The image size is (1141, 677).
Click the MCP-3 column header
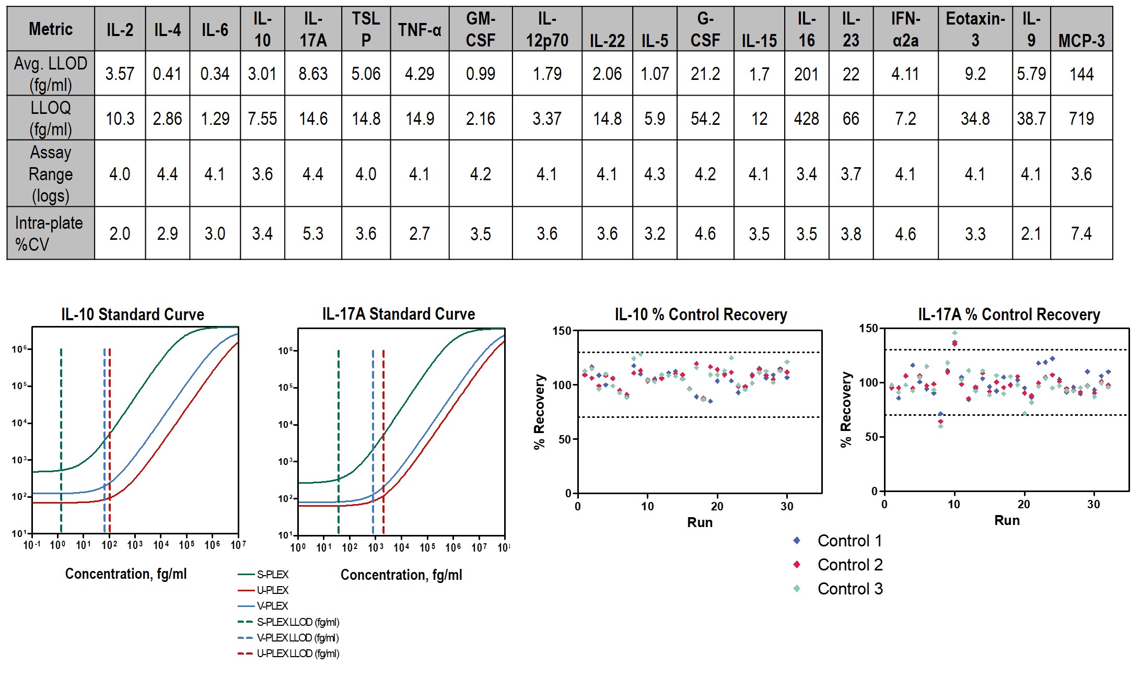(x=1081, y=40)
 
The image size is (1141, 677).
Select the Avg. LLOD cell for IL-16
(x=806, y=74)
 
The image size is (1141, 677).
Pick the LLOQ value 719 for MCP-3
(x=1081, y=119)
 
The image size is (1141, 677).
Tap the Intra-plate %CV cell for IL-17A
(x=313, y=234)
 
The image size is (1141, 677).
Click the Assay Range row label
(x=50, y=173)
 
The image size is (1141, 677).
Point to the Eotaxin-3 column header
(x=975, y=29)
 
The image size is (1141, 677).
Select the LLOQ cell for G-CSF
(x=705, y=119)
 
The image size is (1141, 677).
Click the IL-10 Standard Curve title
(x=133, y=314)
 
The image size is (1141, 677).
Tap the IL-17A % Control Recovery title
(x=1009, y=314)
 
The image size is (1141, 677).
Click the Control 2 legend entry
(x=849, y=565)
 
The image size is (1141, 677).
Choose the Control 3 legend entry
(x=849, y=589)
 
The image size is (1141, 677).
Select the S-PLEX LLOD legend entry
(x=297, y=622)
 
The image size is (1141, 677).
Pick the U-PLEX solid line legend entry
(x=272, y=590)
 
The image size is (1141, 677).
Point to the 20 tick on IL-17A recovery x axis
(x=1023, y=505)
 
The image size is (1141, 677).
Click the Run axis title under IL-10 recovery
(x=700, y=522)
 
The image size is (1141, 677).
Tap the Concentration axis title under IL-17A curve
(x=401, y=575)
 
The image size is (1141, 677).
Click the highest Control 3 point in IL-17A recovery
(x=954, y=333)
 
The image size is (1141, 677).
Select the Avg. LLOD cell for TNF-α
(x=420, y=74)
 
